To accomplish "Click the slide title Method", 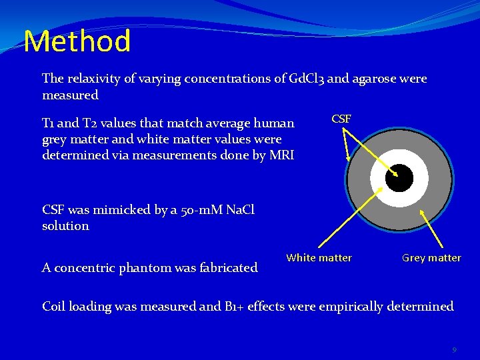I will [77, 41].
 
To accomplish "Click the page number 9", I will [454, 350].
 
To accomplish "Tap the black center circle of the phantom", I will [399, 178].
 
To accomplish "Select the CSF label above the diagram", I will [341, 119].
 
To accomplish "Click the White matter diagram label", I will [319, 257].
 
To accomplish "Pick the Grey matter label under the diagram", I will [431, 257].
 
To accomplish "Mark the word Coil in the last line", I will [53, 307].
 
